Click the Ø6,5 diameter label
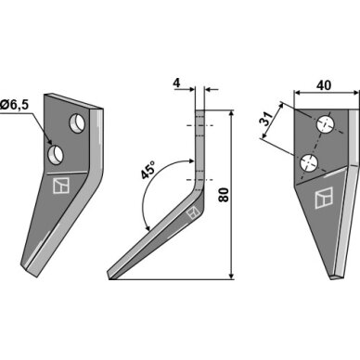(x=14, y=105)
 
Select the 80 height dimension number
(x=224, y=195)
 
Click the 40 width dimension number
(x=324, y=85)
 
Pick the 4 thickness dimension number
(x=176, y=84)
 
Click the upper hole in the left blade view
(x=77, y=123)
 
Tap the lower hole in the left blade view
(x=56, y=154)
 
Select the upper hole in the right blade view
(x=325, y=124)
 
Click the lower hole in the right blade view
(x=309, y=162)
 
